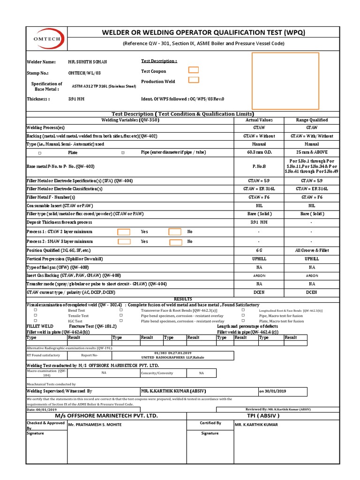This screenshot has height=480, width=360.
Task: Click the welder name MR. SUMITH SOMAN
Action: point(88,62)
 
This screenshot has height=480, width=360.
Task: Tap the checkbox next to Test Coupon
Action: point(193,70)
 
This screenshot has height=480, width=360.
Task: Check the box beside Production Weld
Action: point(193,80)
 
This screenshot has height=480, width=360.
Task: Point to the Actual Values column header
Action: point(259,120)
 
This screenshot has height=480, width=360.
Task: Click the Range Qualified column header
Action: point(312,120)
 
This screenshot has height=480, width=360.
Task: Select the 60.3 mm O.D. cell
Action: point(259,152)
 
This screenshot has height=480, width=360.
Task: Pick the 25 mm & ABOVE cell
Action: point(312,152)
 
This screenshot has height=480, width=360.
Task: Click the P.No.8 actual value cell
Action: point(259,166)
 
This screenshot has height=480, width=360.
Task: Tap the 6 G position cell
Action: point(259,250)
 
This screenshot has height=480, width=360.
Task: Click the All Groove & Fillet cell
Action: point(312,250)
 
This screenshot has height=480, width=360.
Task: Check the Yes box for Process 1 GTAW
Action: point(124,232)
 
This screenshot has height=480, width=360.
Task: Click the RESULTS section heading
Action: point(183,299)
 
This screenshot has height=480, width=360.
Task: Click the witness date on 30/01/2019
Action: point(275,391)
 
